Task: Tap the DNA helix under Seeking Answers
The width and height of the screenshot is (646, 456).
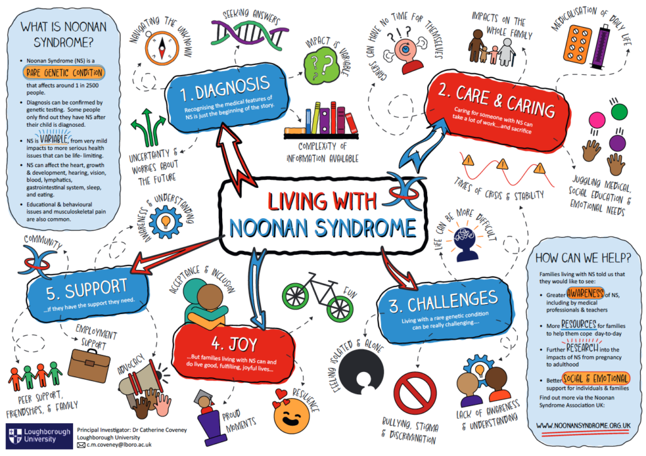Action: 250,33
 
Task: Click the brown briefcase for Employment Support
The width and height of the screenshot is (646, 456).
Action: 88,365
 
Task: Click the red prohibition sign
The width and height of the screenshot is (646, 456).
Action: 415,394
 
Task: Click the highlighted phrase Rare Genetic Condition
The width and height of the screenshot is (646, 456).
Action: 64,73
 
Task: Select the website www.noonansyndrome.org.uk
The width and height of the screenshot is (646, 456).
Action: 583,426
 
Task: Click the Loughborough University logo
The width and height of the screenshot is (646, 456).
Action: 38,436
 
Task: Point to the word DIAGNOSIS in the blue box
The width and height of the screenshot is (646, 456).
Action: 232,87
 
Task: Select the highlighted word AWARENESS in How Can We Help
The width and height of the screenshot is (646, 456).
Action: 585,293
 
